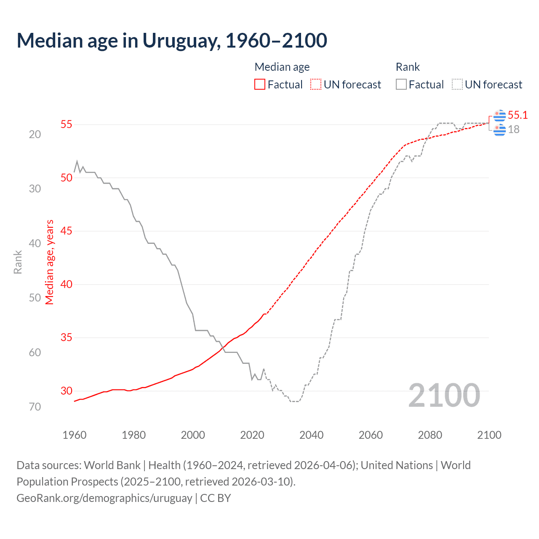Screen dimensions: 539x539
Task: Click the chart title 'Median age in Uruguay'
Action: (x=172, y=41)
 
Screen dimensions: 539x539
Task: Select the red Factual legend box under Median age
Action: (x=260, y=85)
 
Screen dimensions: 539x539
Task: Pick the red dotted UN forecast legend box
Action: (x=316, y=85)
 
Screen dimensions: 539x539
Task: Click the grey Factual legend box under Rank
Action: (x=401, y=85)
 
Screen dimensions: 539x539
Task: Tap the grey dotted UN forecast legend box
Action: (x=457, y=85)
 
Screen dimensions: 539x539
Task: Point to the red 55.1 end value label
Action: (x=518, y=115)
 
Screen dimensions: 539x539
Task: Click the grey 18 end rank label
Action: (x=514, y=129)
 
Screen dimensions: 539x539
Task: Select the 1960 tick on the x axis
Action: (x=75, y=435)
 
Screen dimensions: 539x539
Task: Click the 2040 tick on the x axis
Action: (x=311, y=435)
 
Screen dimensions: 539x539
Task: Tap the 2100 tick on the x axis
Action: (x=489, y=435)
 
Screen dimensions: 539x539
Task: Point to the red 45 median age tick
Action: (x=66, y=231)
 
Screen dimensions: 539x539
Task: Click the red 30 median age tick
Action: (x=66, y=391)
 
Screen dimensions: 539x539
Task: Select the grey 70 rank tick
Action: (x=35, y=407)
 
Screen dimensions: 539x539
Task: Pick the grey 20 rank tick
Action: (x=35, y=134)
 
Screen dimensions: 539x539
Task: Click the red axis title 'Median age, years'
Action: (x=50, y=262)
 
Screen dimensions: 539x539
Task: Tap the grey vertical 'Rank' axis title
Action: (x=18, y=262)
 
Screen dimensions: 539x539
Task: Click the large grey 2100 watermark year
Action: (x=444, y=395)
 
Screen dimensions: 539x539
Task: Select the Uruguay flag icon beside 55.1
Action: (x=499, y=115)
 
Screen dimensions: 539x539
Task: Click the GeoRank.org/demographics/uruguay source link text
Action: (x=104, y=498)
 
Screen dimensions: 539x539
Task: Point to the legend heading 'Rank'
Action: (x=408, y=67)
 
